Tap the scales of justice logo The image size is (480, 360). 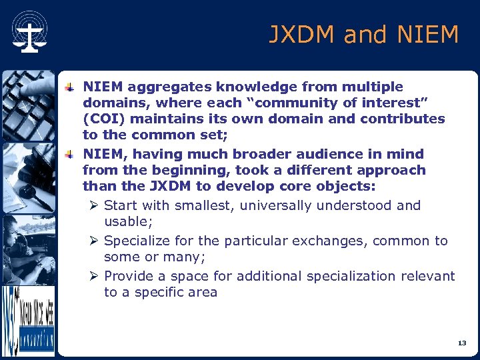tap(29, 33)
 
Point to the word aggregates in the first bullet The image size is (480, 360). tap(163, 87)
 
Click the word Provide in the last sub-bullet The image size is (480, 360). tap(129, 276)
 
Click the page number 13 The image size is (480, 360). tap(462, 343)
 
